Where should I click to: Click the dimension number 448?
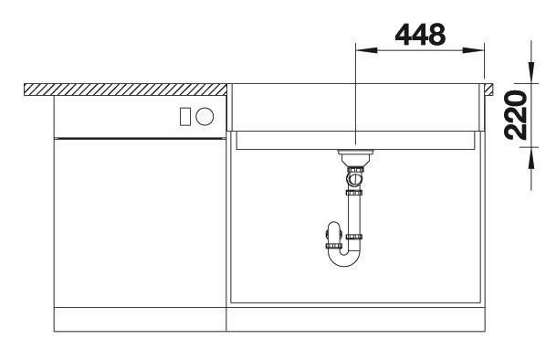tap(420, 35)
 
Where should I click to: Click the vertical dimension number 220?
tap(516, 115)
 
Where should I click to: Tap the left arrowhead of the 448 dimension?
tap(366, 50)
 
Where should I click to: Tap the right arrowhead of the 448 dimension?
tap(473, 50)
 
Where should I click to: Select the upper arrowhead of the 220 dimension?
tap(531, 72)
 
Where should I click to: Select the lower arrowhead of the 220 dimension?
tap(531, 158)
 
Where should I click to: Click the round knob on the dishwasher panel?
tap(205, 116)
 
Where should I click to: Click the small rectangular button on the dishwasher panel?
tap(185, 116)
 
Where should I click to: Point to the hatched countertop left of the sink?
tap(125, 90)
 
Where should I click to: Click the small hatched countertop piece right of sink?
tap(488, 90)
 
